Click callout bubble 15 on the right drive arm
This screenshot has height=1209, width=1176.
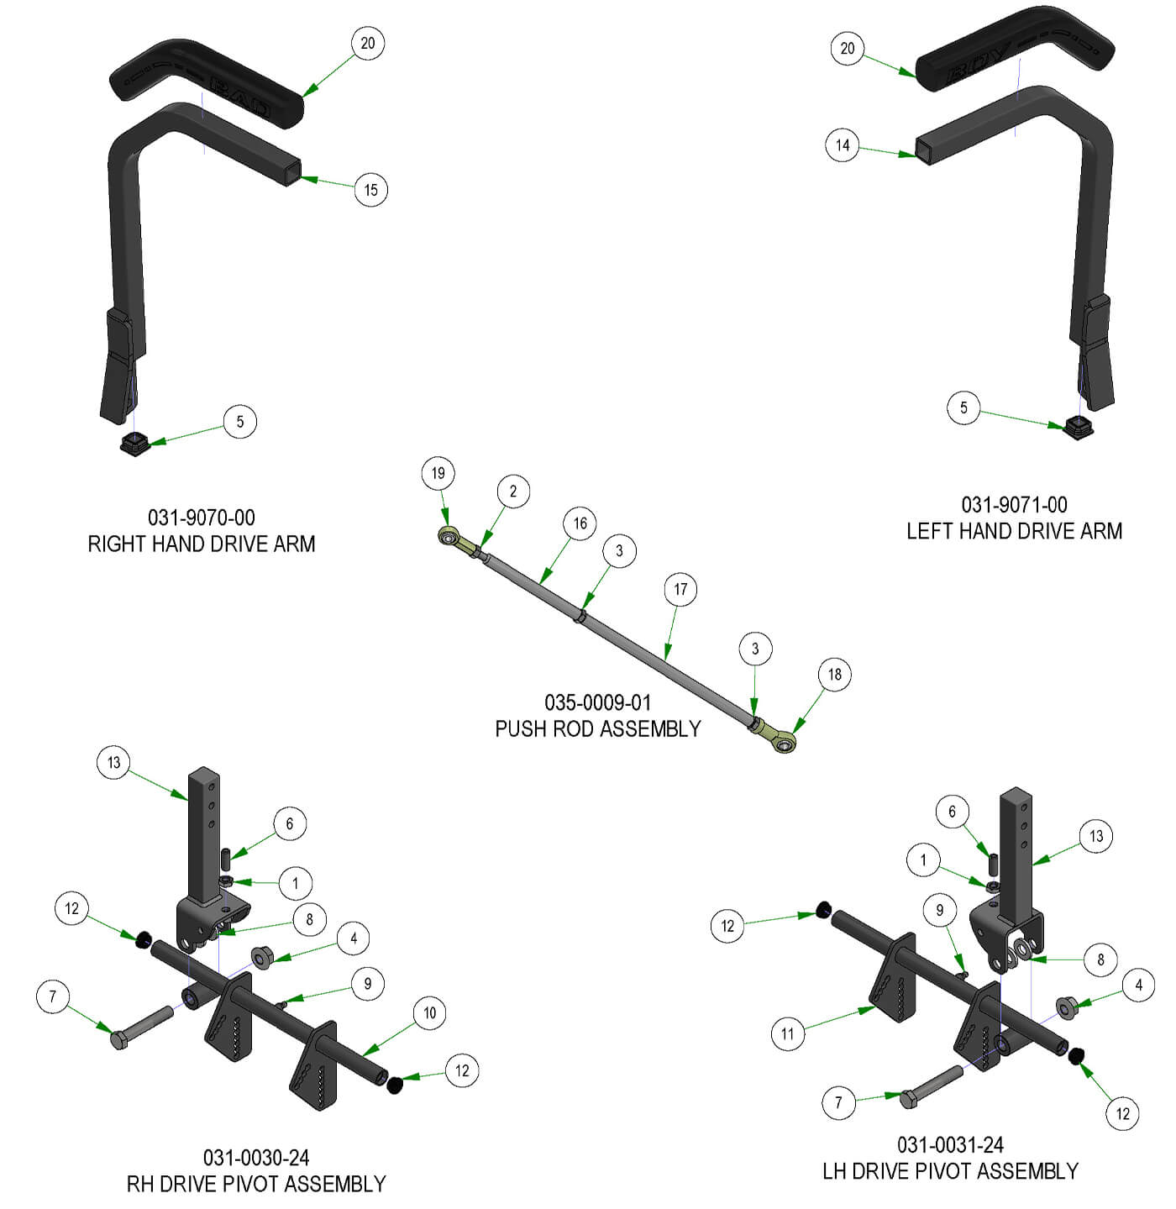tap(370, 190)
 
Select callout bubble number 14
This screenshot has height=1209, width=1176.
tap(843, 145)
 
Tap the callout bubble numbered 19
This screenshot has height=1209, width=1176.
tap(438, 473)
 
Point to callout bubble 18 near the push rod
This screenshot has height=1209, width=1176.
tap(834, 675)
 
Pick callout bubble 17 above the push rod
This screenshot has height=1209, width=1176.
tap(680, 590)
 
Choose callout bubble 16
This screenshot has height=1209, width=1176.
tap(580, 523)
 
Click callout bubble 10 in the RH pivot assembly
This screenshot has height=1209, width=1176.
tap(429, 1012)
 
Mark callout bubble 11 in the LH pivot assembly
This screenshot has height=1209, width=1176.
tap(787, 1033)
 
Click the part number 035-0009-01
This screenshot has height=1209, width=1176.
tap(597, 702)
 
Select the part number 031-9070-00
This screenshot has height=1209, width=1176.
tap(202, 518)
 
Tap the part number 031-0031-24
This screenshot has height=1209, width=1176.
tap(950, 1144)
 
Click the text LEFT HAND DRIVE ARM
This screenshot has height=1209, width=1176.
tap(1014, 531)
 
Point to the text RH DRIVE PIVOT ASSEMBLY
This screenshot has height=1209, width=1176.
tap(256, 1184)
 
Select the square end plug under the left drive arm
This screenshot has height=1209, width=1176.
tap(1077, 428)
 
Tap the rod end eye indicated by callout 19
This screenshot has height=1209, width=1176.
tap(449, 534)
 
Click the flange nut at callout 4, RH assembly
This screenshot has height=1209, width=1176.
tap(261, 957)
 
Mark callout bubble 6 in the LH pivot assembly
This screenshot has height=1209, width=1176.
tap(952, 812)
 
